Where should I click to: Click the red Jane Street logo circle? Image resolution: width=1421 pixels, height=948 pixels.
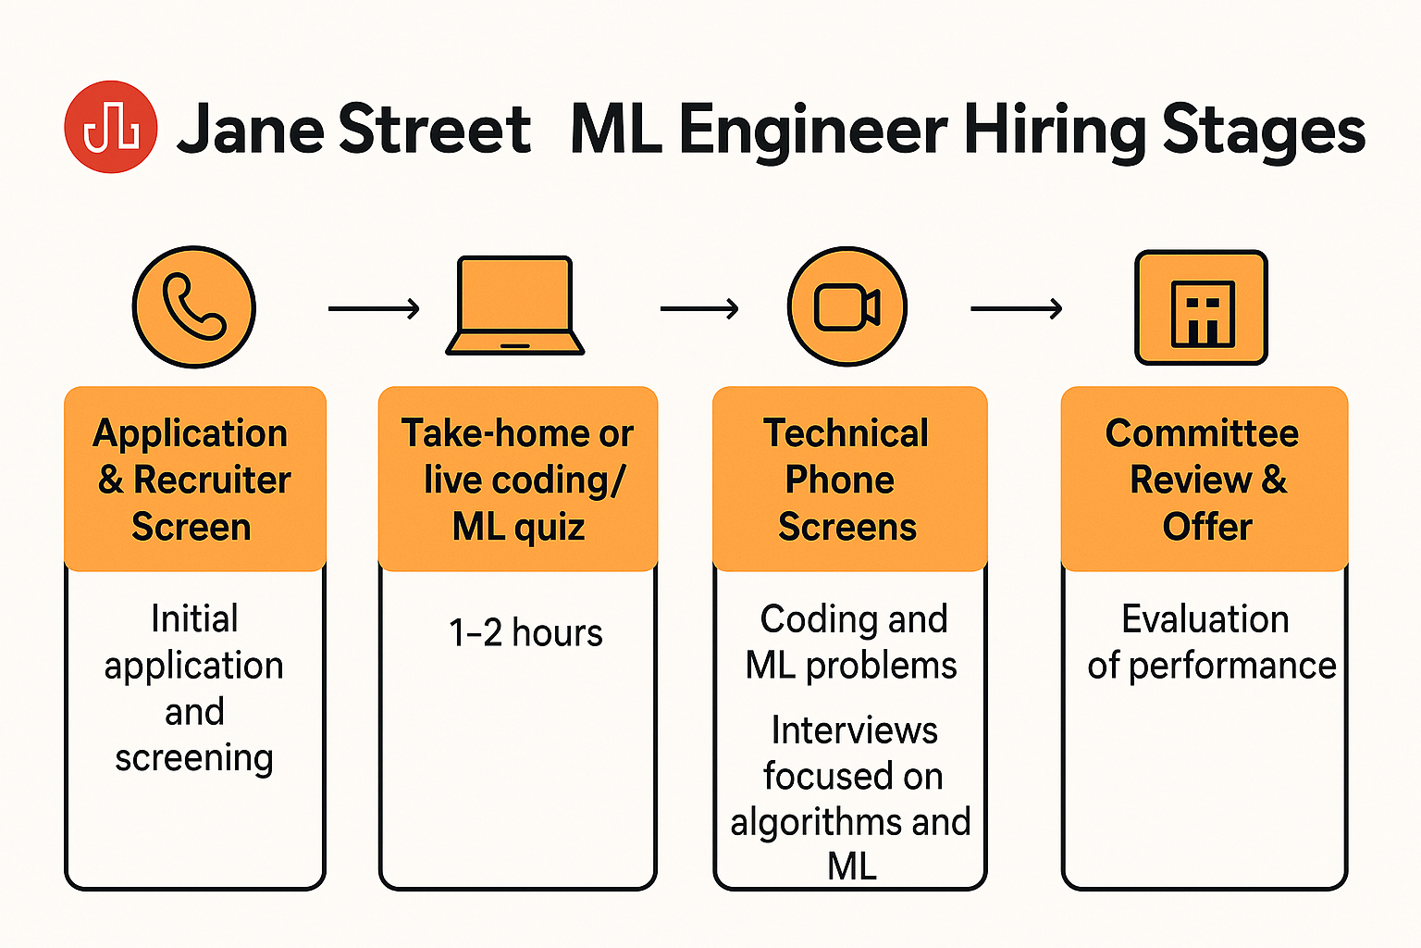[x=110, y=127]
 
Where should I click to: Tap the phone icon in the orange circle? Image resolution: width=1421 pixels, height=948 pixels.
[x=193, y=306]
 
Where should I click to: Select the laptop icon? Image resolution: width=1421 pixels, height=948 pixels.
[x=515, y=306]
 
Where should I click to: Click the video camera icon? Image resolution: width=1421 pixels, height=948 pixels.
[x=846, y=307]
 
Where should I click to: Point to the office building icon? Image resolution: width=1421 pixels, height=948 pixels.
[x=1201, y=308]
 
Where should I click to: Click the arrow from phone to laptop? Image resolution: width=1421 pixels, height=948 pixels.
[x=374, y=308]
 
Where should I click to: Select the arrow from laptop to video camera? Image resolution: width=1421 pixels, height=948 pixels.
[x=699, y=308]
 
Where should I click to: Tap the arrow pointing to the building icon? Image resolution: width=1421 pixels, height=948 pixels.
[x=1016, y=308]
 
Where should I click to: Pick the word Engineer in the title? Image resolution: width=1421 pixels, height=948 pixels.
[x=813, y=131]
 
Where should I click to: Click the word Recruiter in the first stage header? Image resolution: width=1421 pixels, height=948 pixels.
[x=212, y=480]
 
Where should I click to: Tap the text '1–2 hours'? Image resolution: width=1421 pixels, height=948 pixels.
[x=525, y=633]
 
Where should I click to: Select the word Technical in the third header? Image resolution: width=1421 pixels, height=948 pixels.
[x=846, y=433]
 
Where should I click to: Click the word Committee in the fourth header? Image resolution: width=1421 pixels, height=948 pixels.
[x=1202, y=433]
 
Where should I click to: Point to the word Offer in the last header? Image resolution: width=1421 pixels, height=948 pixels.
[x=1206, y=526]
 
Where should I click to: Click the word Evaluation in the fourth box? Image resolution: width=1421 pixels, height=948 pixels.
[x=1205, y=618]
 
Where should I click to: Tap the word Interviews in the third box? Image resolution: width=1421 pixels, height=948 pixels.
[x=854, y=730]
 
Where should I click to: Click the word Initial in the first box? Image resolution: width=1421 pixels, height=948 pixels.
[x=194, y=618]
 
